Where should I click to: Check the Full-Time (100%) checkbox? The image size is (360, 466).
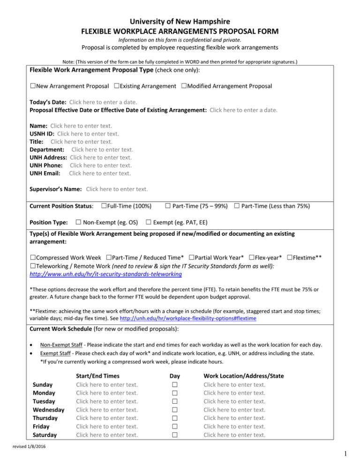(104, 205)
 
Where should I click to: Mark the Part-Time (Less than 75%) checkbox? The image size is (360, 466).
(237, 205)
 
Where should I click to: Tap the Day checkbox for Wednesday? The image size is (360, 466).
(174, 409)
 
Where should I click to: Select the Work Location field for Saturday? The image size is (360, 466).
(234, 435)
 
